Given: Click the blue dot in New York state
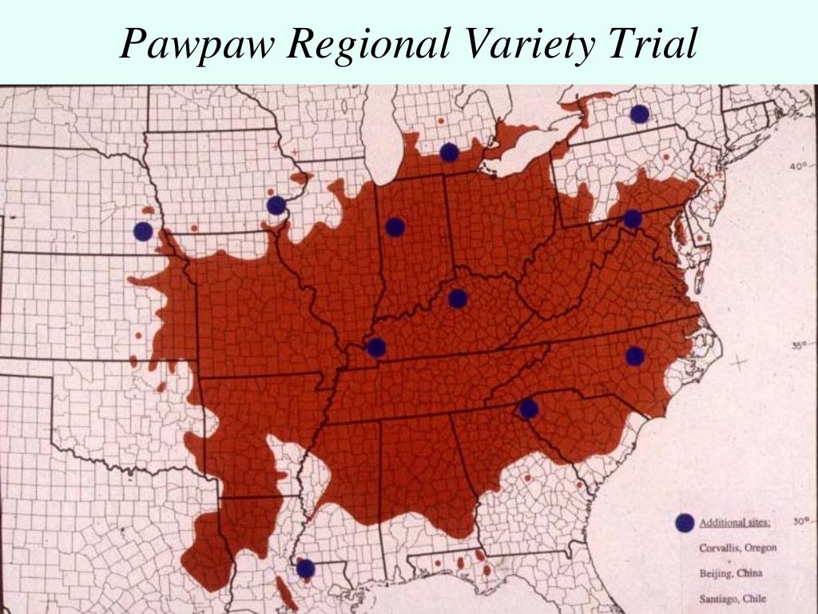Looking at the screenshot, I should point(639,114).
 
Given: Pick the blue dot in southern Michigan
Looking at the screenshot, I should point(449,152).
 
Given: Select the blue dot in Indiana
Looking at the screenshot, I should point(395,227).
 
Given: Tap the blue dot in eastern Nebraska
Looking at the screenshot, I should point(143,231).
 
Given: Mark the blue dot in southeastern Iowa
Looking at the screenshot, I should point(276,205).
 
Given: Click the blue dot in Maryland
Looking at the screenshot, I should point(633,218).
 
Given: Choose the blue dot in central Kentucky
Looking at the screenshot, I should point(458,298).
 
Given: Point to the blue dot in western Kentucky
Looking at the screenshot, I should point(376,348).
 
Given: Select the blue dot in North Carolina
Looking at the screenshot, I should point(635,356).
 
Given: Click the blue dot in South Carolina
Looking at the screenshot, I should point(528,409).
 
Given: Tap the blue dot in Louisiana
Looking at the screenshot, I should point(305,568).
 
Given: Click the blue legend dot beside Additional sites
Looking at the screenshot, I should point(684,523).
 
